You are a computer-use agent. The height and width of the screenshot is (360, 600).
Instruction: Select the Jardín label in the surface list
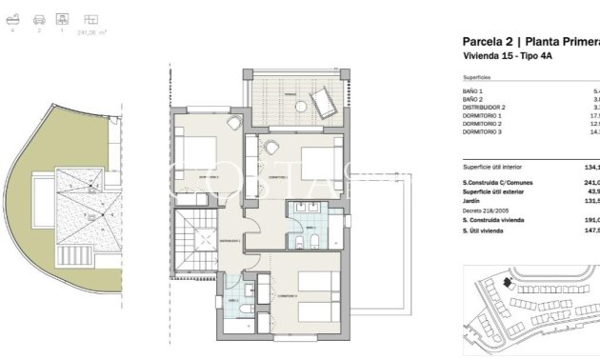pyautogui.click(x=473, y=201)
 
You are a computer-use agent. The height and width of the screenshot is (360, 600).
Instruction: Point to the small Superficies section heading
pyautogui.click(x=477, y=77)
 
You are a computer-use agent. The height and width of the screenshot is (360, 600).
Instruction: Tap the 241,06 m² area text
pyautogui.click(x=93, y=30)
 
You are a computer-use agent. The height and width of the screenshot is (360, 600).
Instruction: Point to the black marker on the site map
pyautogui.click(x=508, y=283)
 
